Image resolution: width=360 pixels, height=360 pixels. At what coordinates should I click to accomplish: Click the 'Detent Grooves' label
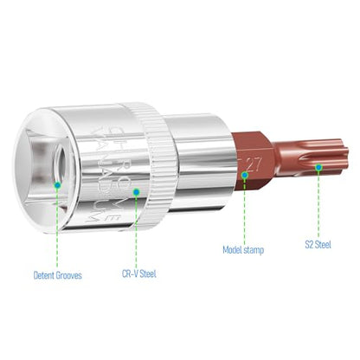click(x=58, y=275)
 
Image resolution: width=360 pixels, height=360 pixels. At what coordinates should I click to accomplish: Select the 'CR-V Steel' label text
click(x=139, y=273)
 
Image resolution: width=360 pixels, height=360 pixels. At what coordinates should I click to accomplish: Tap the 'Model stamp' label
click(x=243, y=250)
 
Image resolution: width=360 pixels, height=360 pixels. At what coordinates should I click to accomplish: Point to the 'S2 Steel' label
click(x=318, y=245)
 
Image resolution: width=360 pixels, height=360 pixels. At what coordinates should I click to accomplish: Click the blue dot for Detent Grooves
click(x=57, y=185)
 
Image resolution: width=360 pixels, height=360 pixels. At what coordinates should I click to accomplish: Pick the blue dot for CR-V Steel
click(x=137, y=191)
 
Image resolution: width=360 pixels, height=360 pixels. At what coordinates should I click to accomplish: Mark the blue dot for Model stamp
click(x=244, y=175)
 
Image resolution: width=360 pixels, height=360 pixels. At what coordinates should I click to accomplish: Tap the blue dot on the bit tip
click(x=318, y=167)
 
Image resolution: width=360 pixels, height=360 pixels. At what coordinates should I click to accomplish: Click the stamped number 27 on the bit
click(x=254, y=165)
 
